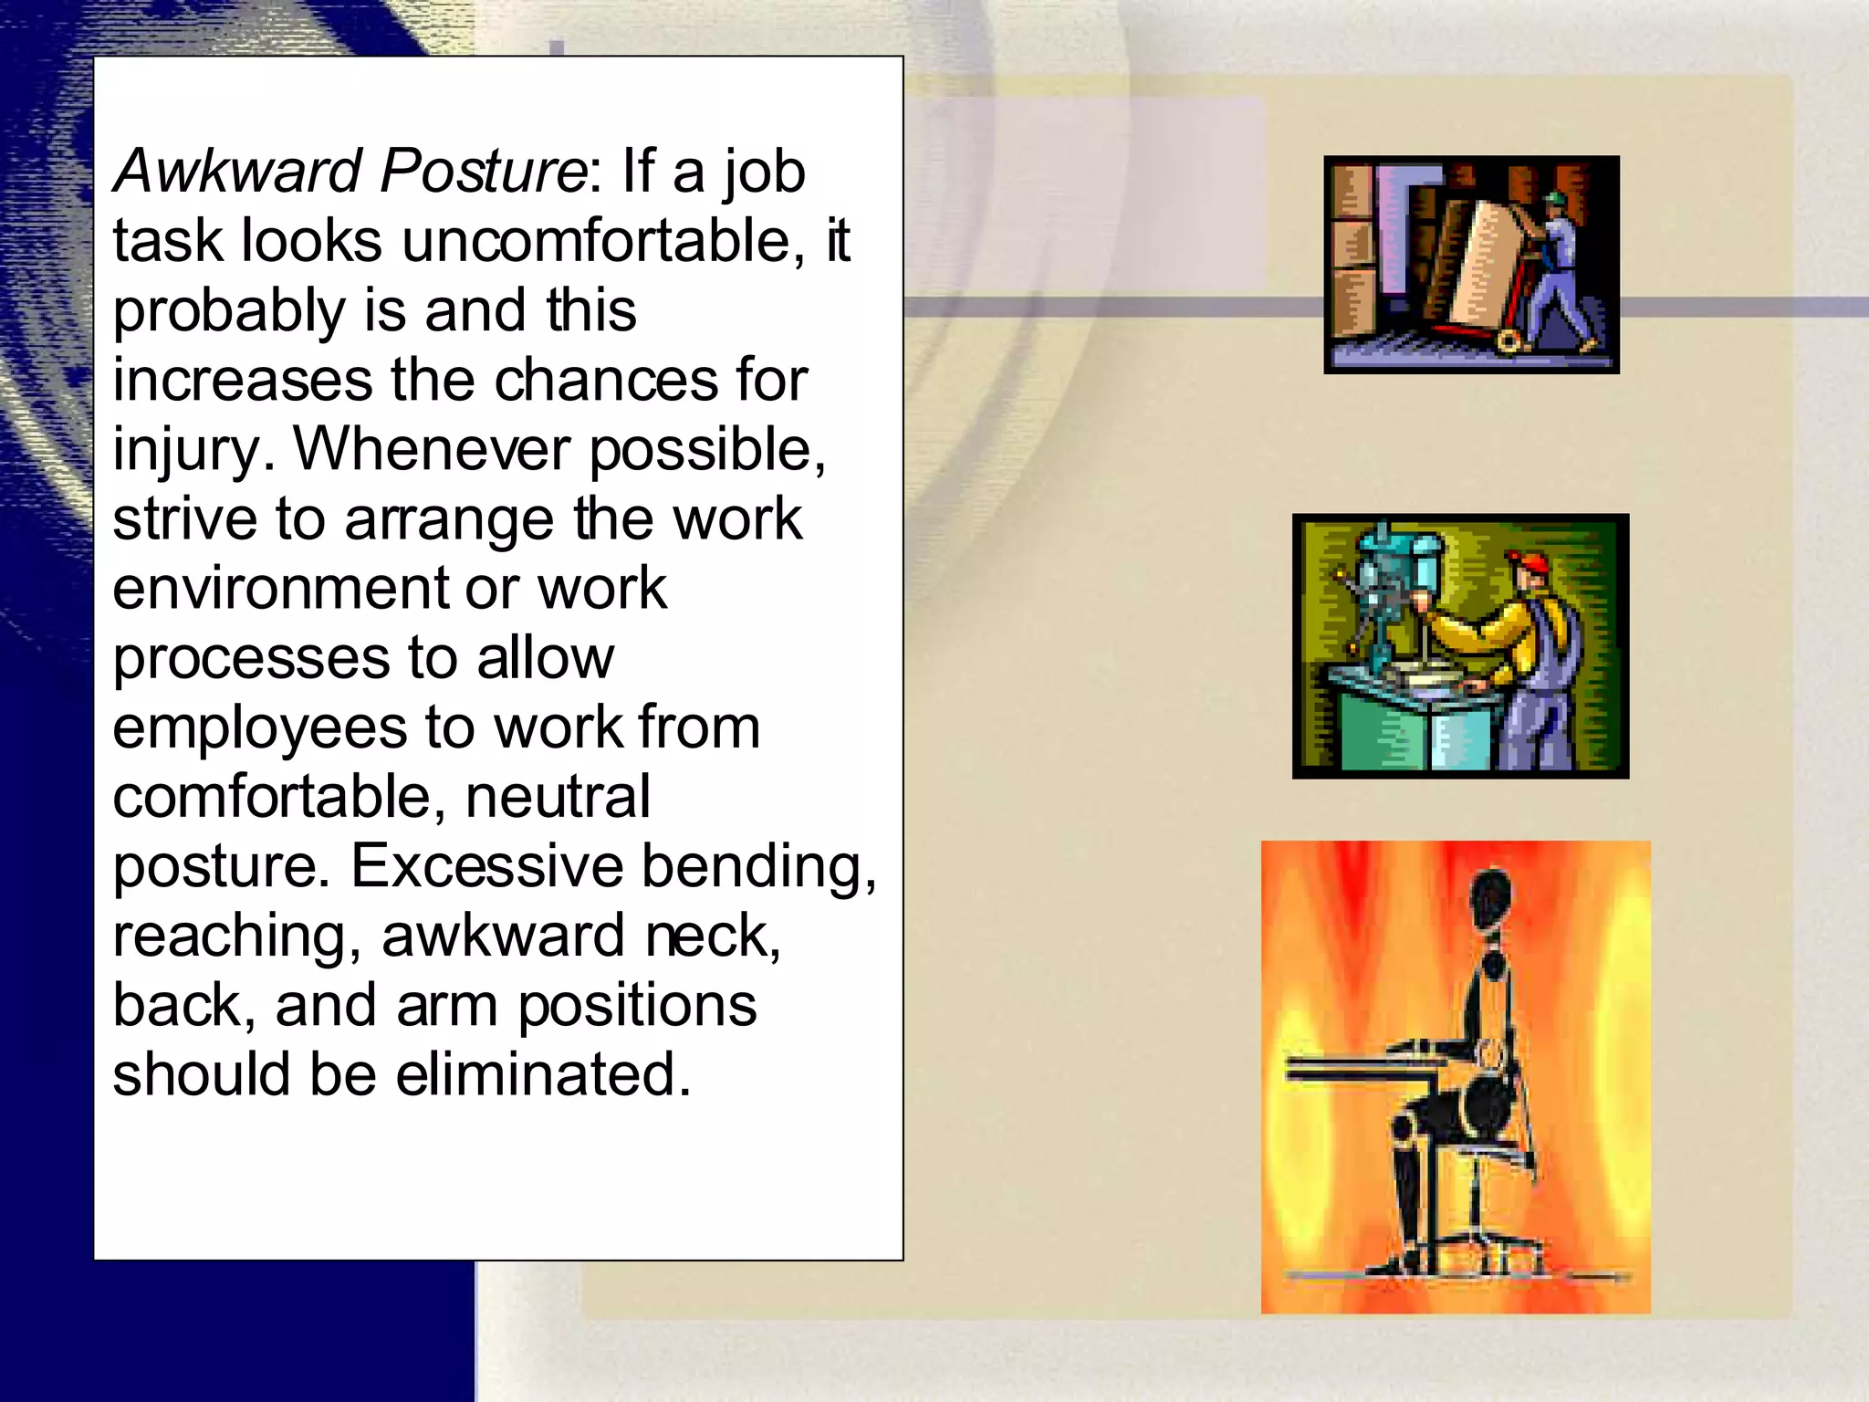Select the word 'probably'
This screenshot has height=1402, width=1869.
click(228, 312)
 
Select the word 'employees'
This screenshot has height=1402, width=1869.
click(260, 729)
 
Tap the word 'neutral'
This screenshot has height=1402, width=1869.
click(558, 797)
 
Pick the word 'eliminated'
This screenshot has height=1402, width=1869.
click(543, 1074)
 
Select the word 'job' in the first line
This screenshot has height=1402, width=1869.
click(765, 173)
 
